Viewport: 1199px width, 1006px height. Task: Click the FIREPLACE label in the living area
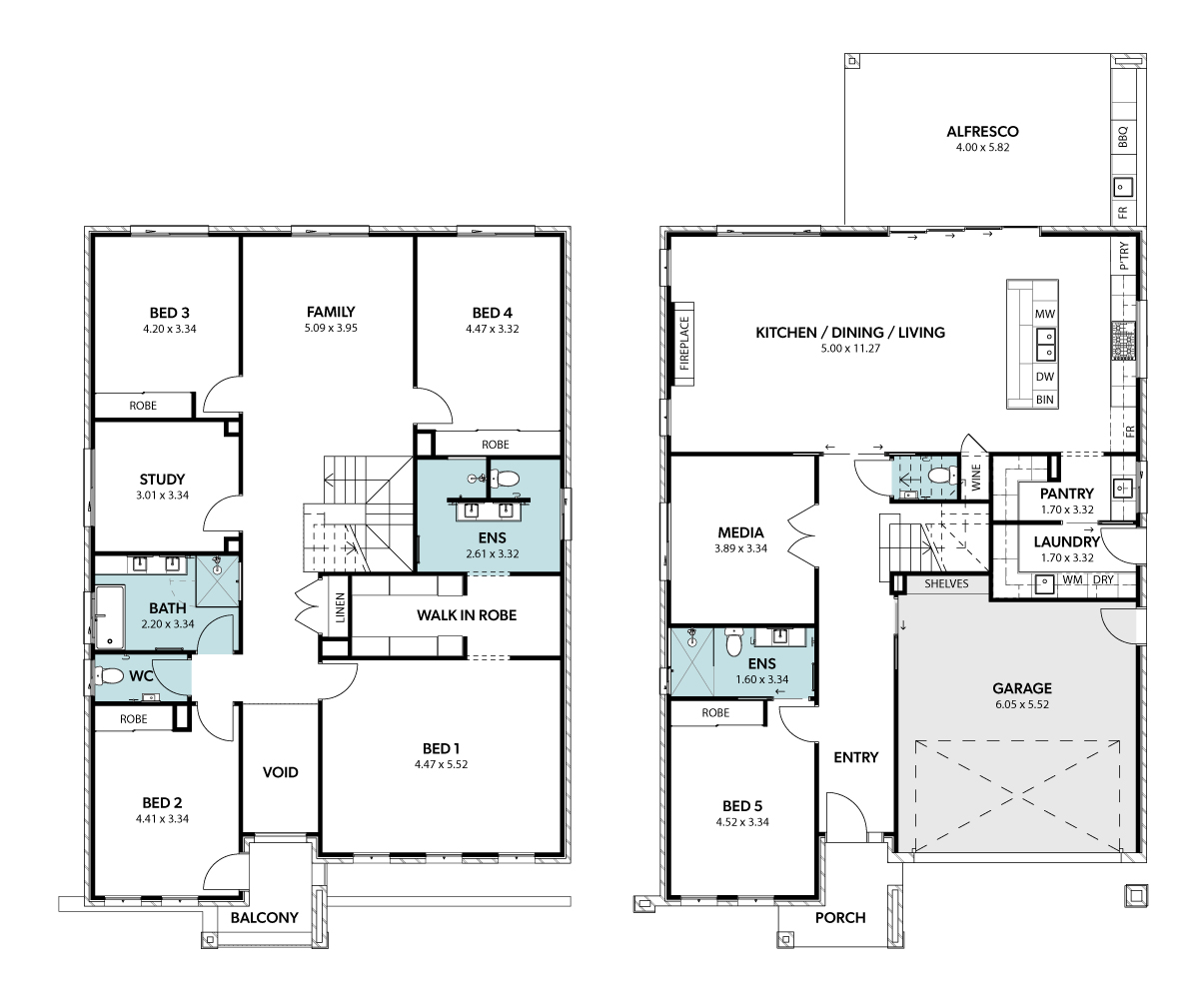pyautogui.click(x=683, y=344)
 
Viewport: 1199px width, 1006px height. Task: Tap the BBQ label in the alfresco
pyautogui.click(x=1123, y=137)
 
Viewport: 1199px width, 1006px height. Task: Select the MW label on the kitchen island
pyautogui.click(x=1045, y=314)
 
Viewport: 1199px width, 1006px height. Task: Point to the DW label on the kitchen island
pyautogui.click(x=1045, y=377)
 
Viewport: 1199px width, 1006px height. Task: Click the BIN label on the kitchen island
pyautogui.click(x=1045, y=400)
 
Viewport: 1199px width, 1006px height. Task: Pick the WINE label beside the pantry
pyautogui.click(x=976, y=477)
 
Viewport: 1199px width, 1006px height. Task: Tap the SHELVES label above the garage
pyautogui.click(x=946, y=584)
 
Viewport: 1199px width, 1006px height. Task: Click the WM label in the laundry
pyautogui.click(x=1073, y=580)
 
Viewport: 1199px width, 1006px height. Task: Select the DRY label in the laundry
pyautogui.click(x=1103, y=580)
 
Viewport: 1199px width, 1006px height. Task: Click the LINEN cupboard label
pyautogui.click(x=340, y=607)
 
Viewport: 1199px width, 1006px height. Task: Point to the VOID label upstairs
pyautogui.click(x=280, y=772)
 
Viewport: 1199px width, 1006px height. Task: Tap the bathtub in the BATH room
pyautogui.click(x=110, y=616)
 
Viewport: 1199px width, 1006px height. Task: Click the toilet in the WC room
pyautogui.click(x=109, y=676)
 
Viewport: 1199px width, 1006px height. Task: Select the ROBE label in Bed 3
pyautogui.click(x=143, y=406)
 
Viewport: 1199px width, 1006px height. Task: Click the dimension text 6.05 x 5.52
pyautogui.click(x=1022, y=704)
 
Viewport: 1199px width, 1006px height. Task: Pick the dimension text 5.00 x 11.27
pyautogui.click(x=850, y=349)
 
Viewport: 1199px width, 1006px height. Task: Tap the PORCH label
pyautogui.click(x=840, y=918)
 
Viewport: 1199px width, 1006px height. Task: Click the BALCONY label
pyautogui.click(x=265, y=918)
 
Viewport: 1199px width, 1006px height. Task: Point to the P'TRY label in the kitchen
pyautogui.click(x=1124, y=256)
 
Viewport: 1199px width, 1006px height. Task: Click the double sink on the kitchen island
pyautogui.click(x=1046, y=345)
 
